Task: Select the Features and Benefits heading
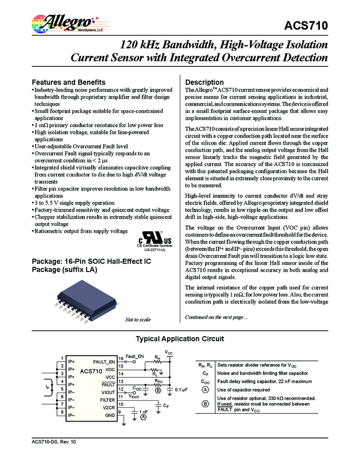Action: tap(68, 82)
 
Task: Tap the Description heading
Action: tap(204, 82)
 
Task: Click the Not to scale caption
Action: tap(138, 319)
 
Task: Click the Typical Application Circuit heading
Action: tap(180, 339)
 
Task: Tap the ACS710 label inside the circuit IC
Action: tap(90, 371)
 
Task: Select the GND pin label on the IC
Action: tap(110, 415)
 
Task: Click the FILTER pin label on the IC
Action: tap(107, 400)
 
